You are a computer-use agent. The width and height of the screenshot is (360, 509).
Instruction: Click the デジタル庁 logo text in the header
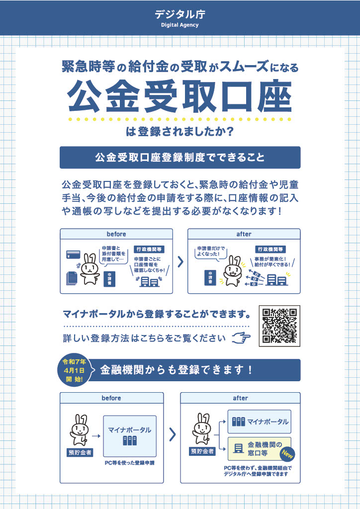click(180, 14)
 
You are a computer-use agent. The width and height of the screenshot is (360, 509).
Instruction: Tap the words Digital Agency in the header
click(180, 25)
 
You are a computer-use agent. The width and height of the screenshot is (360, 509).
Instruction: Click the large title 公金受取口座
click(180, 95)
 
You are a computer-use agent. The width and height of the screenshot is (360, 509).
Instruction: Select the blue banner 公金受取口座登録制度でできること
click(180, 158)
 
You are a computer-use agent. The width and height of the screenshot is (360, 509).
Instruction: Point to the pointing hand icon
click(242, 339)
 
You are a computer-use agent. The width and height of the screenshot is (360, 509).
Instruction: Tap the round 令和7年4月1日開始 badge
click(74, 370)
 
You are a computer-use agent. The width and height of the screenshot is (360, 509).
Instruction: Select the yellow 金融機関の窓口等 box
click(259, 448)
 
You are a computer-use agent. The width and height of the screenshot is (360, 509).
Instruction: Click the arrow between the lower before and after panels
click(172, 434)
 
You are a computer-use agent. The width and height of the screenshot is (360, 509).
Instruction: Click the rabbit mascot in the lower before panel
click(79, 430)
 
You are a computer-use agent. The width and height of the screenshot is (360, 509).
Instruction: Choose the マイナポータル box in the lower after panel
click(259, 422)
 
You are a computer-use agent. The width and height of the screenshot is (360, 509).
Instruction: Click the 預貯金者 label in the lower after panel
click(203, 451)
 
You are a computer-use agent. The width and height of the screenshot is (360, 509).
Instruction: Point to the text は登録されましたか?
click(180, 133)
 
